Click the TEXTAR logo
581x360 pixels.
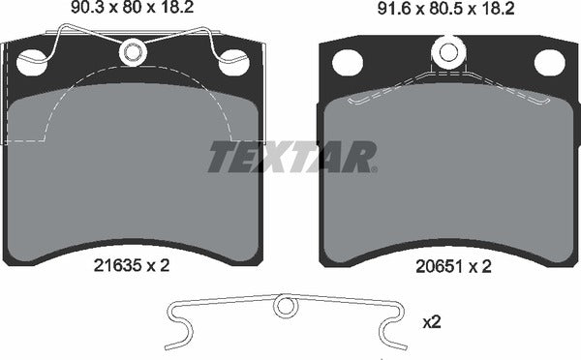[x=292, y=157]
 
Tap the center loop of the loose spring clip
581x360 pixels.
[x=284, y=307]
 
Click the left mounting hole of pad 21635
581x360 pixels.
[x=31, y=64]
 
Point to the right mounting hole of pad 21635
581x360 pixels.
[x=233, y=64]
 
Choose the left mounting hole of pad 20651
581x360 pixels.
[x=347, y=62]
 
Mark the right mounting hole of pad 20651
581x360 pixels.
[x=549, y=62]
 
